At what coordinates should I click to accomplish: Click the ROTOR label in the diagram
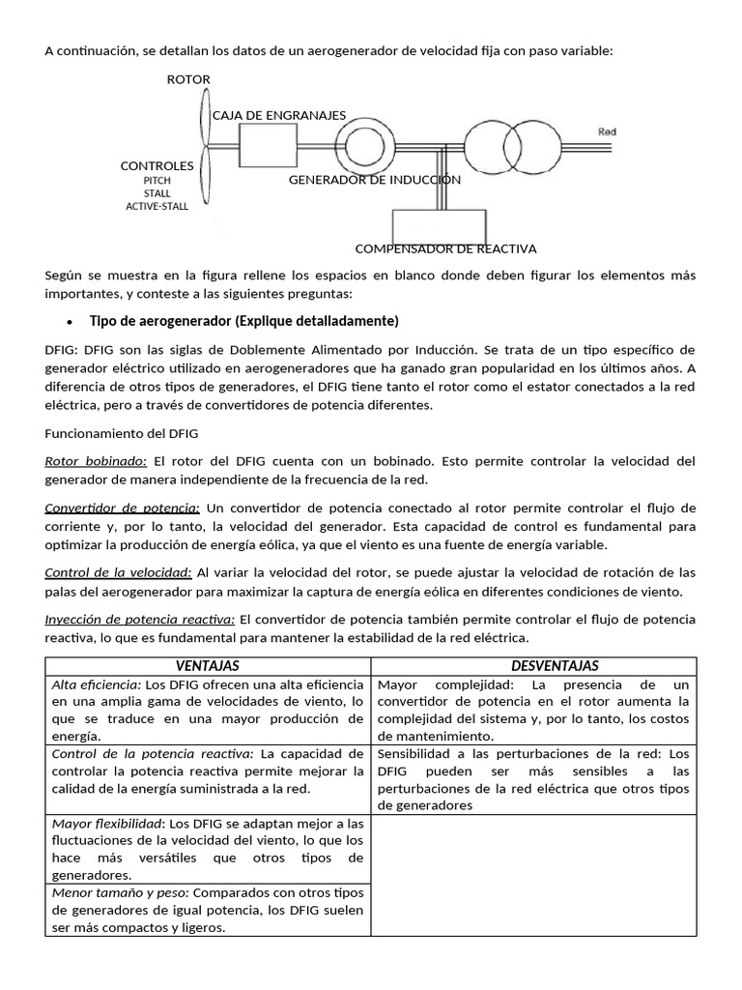coord(188,79)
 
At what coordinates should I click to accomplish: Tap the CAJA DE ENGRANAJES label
coord(279,115)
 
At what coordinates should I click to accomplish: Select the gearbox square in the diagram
coord(268,148)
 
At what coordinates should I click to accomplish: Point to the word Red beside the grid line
coord(607,131)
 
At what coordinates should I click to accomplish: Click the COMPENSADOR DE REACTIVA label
coord(445,248)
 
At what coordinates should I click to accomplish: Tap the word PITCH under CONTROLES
coord(157,180)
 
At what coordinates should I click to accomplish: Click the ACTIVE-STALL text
coord(157,206)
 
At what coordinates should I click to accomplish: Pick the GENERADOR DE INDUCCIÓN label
coord(375,180)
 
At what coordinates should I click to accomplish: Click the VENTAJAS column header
coord(208,665)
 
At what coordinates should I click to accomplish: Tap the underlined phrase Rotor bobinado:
coord(96,461)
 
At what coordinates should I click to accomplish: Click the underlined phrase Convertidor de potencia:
coord(123,508)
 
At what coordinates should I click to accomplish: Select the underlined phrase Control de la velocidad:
coord(119,572)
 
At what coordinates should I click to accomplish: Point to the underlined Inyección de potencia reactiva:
coord(140,619)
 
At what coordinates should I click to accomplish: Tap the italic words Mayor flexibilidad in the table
coord(107,824)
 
